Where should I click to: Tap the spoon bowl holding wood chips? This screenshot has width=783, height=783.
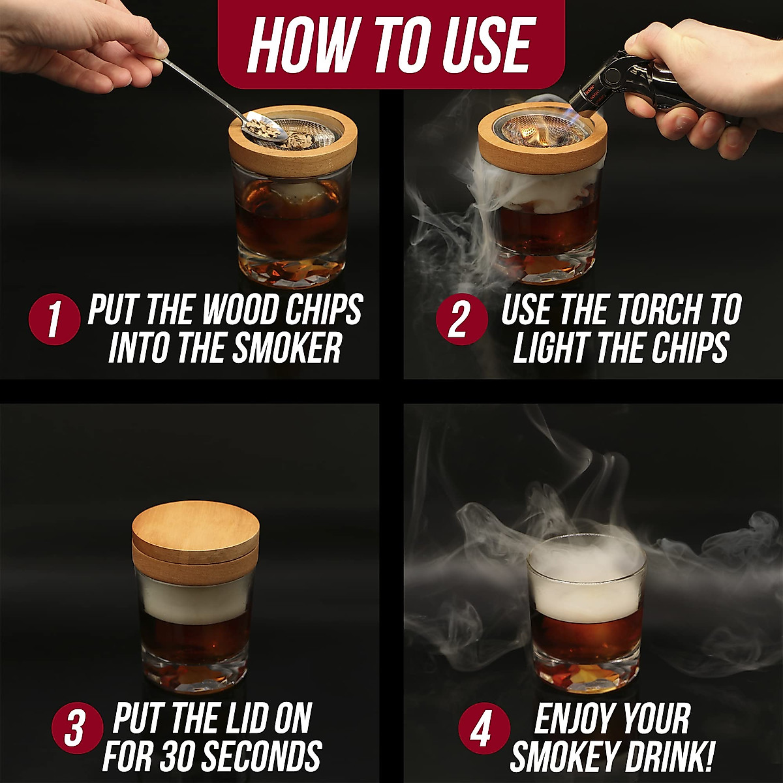[263, 127]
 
